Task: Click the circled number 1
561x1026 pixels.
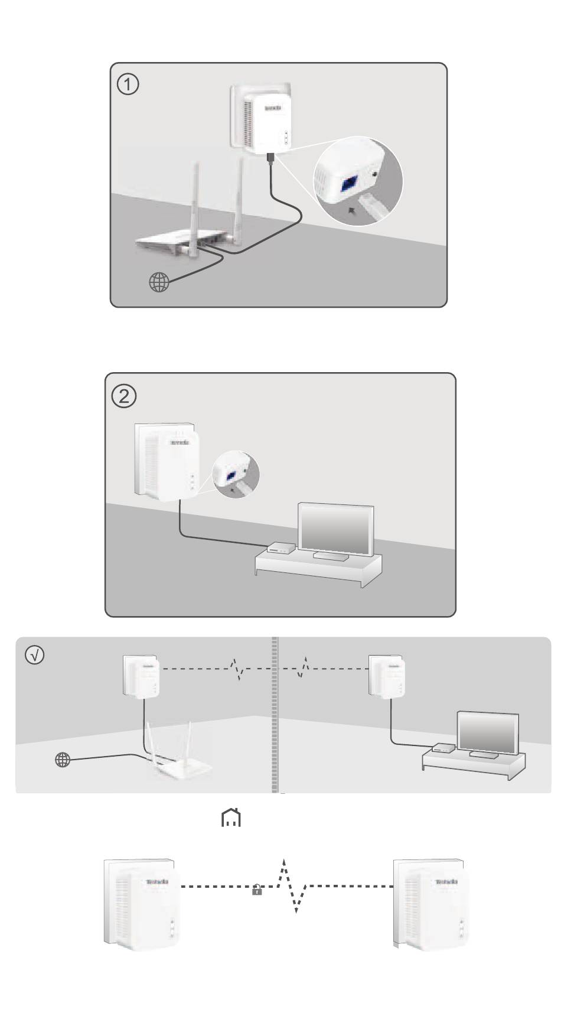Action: pyautogui.click(x=128, y=85)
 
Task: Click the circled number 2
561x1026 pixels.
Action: pyautogui.click(x=123, y=396)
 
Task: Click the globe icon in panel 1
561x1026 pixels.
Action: pyautogui.click(x=159, y=283)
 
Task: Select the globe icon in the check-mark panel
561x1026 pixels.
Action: pyautogui.click(x=62, y=760)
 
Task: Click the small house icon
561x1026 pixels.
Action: pyautogui.click(x=230, y=819)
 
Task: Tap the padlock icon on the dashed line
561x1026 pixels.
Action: pyautogui.click(x=257, y=890)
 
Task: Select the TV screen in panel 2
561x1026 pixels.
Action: pyautogui.click(x=336, y=528)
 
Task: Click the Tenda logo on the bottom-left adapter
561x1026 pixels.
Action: pyautogui.click(x=156, y=882)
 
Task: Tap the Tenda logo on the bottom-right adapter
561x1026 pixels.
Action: pyautogui.click(x=446, y=882)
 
